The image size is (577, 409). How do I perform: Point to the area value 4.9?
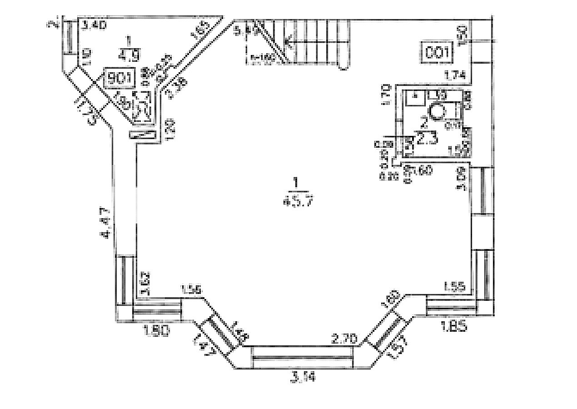coord(129,55)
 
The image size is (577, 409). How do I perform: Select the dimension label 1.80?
coord(156,331)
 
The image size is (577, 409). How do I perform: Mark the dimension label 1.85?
coord(453,325)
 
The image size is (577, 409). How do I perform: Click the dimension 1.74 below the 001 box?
coord(455,77)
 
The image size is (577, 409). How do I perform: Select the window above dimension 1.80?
coord(157,312)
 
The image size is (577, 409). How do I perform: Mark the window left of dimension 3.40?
coord(70,37)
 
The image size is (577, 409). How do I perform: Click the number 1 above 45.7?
coord(296,183)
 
